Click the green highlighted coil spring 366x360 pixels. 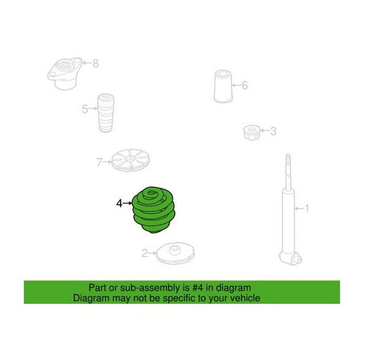(x=154, y=210)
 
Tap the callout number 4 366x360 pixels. (x=119, y=203)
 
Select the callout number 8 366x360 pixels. (x=95, y=64)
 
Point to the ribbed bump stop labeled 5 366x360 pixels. (x=106, y=112)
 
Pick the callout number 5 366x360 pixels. (x=85, y=109)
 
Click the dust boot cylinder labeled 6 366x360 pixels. (x=223, y=86)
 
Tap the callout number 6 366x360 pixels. (x=244, y=85)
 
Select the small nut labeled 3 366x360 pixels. (x=252, y=132)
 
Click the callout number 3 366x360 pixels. (x=273, y=131)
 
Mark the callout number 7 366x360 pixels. (x=99, y=162)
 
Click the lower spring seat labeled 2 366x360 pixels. (x=176, y=254)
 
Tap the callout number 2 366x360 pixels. (x=144, y=253)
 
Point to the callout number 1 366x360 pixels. (x=307, y=209)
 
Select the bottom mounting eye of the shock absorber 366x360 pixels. (x=291, y=258)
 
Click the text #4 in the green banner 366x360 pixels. (x=198, y=288)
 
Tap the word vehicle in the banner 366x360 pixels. (x=247, y=298)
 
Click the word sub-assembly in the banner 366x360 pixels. (x=150, y=288)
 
